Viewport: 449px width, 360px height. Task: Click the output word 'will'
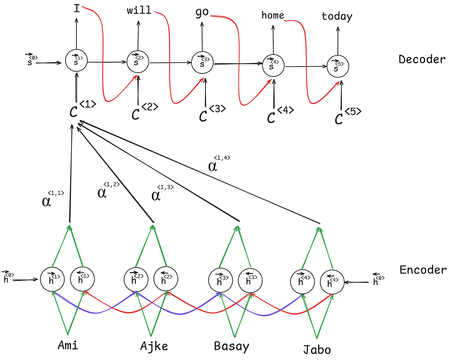(139, 10)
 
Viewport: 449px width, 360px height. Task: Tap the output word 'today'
(337, 16)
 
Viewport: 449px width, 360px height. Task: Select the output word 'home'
(272, 15)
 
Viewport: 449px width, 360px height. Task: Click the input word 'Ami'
(68, 345)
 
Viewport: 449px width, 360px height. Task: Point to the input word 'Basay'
(231, 346)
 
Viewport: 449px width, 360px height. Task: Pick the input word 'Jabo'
(317, 350)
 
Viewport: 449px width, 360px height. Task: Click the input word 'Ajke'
(154, 346)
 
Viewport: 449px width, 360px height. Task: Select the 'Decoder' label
(422, 59)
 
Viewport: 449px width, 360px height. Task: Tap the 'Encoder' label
(423, 270)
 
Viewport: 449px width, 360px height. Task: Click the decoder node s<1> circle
(76, 60)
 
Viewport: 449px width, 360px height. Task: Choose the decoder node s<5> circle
(338, 66)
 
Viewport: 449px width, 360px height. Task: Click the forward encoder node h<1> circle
(52, 279)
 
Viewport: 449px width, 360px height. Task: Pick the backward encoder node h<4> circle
(332, 282)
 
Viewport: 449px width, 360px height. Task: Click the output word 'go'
(202, 12)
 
